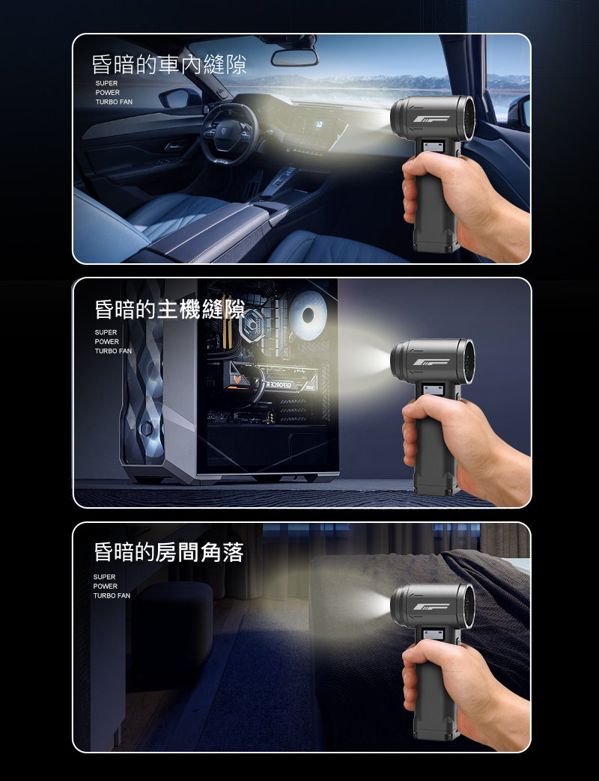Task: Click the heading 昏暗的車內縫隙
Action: point(169,65)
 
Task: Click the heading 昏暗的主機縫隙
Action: point(169,309)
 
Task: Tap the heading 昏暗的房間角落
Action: point(168,552)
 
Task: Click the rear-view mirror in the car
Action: point(294,58)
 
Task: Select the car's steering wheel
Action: point(230,132)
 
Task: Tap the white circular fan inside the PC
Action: point(308,315)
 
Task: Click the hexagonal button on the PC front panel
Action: point(146,429)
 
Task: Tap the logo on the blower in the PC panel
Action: point(431,362)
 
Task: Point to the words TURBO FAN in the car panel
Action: point(114,102)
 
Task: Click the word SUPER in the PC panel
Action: point(106,332)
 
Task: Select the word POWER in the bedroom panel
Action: point(106,586)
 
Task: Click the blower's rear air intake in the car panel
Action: point(469,118)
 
